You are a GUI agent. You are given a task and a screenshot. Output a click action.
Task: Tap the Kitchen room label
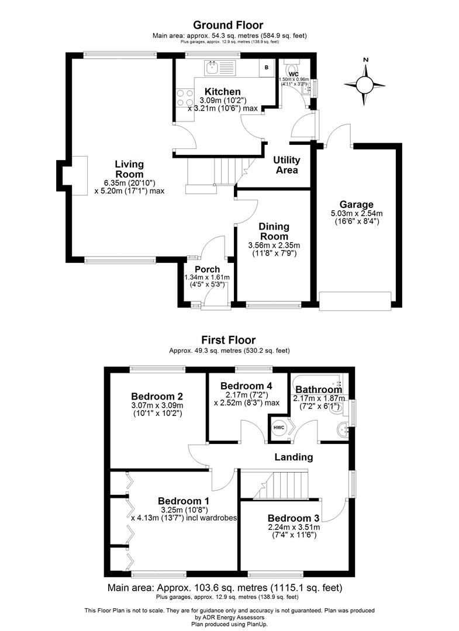pos(222,92)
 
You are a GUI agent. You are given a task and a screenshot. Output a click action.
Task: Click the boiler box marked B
pos(266,67)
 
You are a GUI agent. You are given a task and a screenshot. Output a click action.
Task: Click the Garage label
pos(357,204)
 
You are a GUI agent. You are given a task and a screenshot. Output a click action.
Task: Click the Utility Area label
pos(287,165)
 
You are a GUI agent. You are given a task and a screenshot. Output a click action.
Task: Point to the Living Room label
pos(129,169)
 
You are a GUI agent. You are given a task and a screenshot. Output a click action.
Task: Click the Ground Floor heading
pos(228,25)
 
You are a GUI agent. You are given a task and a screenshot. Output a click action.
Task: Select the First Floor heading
pos(228,339)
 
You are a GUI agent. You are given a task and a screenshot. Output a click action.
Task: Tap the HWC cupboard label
pos(279,427)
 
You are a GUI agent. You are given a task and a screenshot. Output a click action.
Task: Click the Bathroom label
pos(319,390)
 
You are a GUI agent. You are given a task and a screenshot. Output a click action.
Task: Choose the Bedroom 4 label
pos(246,386)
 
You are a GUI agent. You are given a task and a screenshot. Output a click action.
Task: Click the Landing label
pos(294,457)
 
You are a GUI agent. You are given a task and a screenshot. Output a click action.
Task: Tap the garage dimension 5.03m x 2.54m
pos(357,213)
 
